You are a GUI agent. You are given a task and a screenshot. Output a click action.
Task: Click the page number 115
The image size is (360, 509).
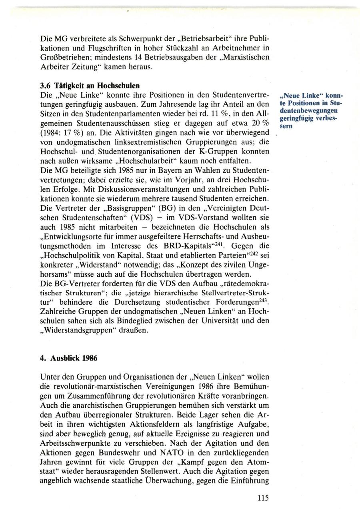coord(263,498)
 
